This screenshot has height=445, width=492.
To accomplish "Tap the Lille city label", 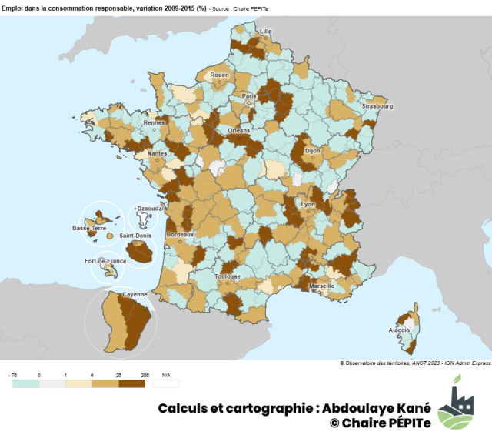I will [266, 32].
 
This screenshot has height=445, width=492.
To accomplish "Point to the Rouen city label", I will [219, 75].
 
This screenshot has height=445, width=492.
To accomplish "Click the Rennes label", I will [155, 122].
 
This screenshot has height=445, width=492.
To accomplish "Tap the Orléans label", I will [238, 131].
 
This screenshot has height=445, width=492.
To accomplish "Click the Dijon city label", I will [312, 152].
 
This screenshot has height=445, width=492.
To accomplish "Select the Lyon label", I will [308, 204].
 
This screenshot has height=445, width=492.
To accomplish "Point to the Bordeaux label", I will [180, 234].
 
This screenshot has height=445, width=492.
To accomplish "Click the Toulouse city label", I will [228, 276].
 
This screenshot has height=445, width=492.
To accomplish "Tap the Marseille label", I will [321, 286].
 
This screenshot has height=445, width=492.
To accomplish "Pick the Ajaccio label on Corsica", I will [399, 330].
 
